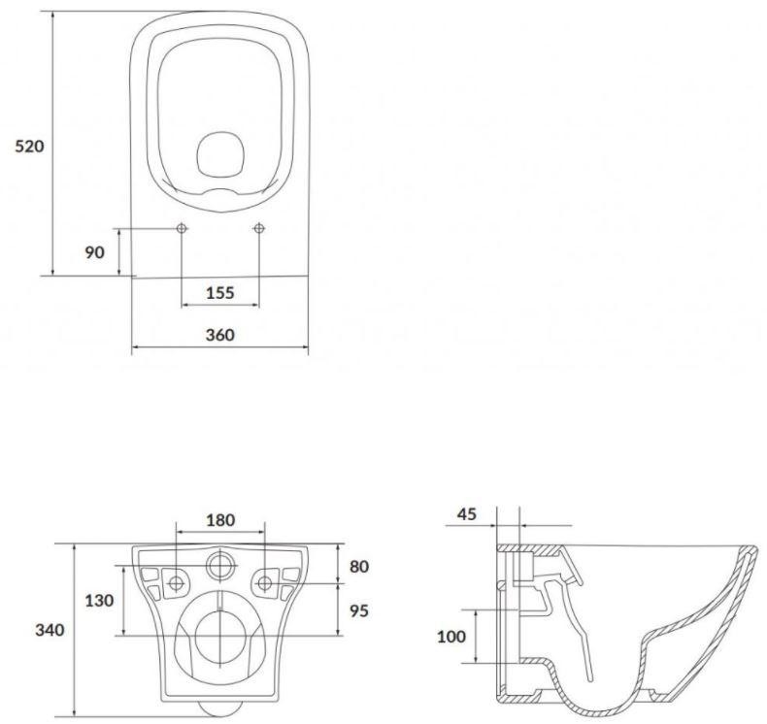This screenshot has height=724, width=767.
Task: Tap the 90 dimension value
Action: click(x=94, y=252)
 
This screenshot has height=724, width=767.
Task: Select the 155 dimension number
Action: click(x=221, y=293)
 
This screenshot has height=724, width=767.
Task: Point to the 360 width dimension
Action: click(x=220, y=335)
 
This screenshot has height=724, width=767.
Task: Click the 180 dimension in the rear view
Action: click(x=220, y=520)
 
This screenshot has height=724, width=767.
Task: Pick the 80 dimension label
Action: click(x=358, y=565)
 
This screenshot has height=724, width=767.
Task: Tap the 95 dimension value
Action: click(x=358, y=611)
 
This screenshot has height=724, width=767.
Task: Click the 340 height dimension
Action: click(x=50, y=630)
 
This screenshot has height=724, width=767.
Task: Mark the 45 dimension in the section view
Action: click(x=466, y=514)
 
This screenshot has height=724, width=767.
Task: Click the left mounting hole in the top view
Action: click(x=182, y=228)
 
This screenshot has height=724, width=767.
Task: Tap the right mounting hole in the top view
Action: click(x=259, y=228)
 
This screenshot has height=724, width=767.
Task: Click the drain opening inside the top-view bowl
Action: click(x=220, y=155)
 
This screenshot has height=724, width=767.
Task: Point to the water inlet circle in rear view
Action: click(x=221, y=564)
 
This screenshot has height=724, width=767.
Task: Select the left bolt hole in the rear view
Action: click(x=178, y=582)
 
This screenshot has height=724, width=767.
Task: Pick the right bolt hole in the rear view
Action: click(x=264, y=582)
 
